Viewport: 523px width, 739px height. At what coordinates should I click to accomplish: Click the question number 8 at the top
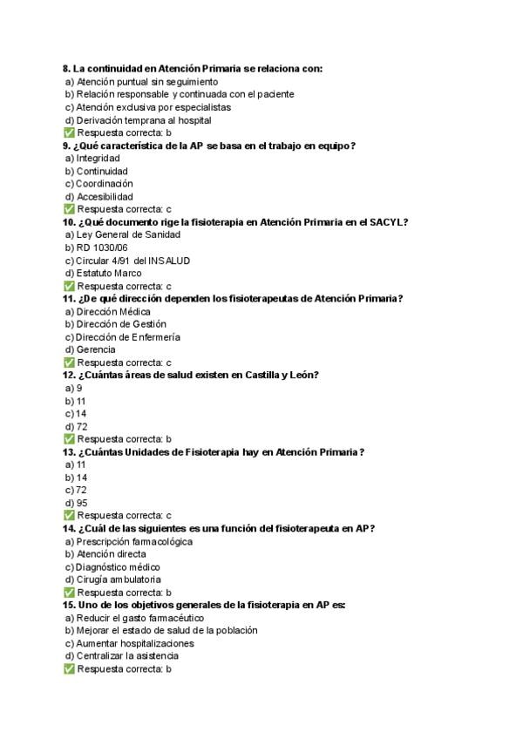click(x=66, y=69)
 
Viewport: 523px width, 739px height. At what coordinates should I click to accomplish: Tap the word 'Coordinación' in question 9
click(x=104, y=184)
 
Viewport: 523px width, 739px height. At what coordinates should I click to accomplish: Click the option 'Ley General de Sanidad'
click(x=128, y=234)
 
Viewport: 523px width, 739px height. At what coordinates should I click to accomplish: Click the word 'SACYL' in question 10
click(x=388, y=222)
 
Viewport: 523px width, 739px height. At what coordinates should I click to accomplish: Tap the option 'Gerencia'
click(x=96, y=349)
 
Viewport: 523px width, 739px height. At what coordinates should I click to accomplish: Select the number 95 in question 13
click(x=82, y=503)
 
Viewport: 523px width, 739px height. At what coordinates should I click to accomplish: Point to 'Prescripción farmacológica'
click(x=134, y=541)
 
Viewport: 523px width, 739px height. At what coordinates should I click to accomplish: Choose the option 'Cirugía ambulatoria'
click(x=119, y=580)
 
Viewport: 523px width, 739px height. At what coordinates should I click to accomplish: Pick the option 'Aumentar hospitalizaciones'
click(x=134, y=643)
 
